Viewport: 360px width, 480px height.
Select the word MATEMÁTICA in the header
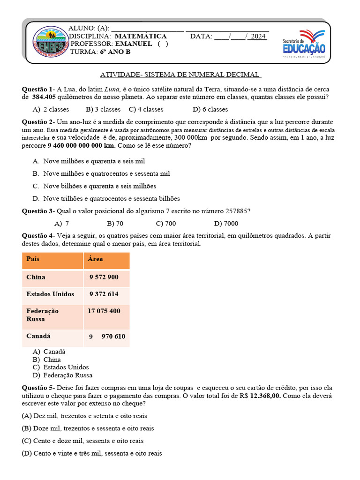(x=141, y=36)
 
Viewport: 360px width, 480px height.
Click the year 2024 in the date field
(x=258, y=36)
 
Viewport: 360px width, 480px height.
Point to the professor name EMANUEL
(x=134, y=44)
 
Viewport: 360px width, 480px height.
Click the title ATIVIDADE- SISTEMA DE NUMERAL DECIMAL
(x=180, y=75)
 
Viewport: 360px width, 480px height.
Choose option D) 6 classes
(x=210, y=109)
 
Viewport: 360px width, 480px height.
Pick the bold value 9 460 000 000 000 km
(x=82, y=146)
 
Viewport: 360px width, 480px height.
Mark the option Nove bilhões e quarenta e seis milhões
(x=100, y=186)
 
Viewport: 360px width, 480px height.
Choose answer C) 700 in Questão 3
(x=166, y=224)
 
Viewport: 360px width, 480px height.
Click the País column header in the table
(x=33, y=259)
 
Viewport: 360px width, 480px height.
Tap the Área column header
(x=95, y=259)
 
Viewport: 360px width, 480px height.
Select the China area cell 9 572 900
(x=104, y=277)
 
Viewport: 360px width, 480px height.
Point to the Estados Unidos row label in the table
(x=50, y=294)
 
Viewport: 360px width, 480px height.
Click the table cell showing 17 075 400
(x=104, y=311)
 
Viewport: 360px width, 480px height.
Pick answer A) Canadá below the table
(x=49, y=351)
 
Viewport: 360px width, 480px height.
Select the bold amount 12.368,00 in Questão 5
(x=265, y=396)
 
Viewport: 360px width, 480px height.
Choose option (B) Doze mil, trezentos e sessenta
(x=88, y=428)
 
